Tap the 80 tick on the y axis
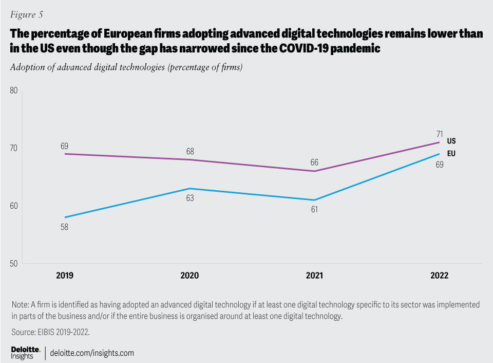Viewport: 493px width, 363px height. click(x=14, y=90)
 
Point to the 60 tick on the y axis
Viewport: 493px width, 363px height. click(x=14, y=206)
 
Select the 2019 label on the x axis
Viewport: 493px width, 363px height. click(x=65, y=276)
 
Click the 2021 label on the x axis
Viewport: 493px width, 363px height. click(x=314, y=276)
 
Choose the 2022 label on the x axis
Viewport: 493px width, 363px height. click(x=440, y=276)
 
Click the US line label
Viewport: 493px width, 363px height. click(x=451, y=141)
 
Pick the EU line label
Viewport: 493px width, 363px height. click(x=451, y=153)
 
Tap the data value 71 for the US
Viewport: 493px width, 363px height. click(x=440, y=134)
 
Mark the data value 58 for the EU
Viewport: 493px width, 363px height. click(x=65, y=226)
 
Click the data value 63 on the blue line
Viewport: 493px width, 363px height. click(x=189, y=198)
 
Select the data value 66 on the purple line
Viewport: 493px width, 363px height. click(x=314, y=162)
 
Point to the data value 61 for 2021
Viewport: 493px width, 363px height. click(x=314, y=209)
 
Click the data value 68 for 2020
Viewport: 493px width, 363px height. click(x=189, y=151)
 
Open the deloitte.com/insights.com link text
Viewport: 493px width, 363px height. click(x=92, y=353)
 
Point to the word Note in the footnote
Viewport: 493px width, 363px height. click(x=20, y=305)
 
